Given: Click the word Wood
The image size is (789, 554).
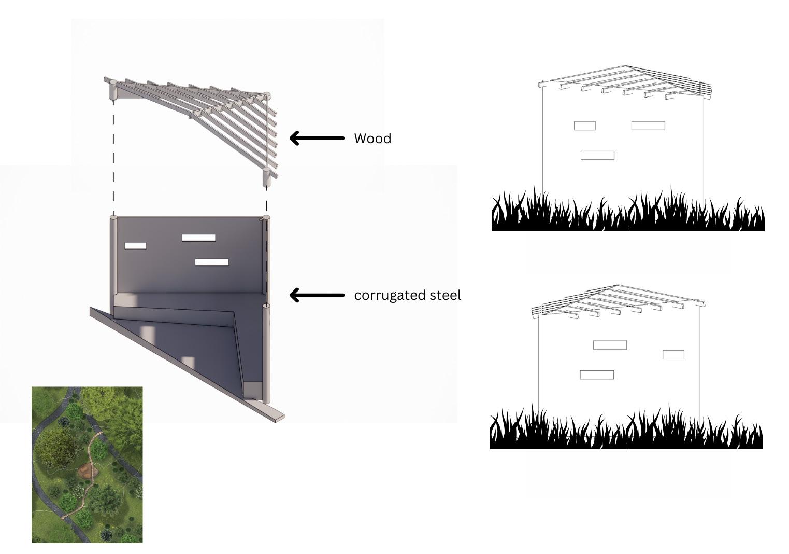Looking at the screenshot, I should tap(372, 138).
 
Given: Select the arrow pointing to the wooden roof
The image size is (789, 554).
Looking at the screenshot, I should tap(316, 138).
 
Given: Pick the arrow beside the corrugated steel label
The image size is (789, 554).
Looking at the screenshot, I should tap(316, 295).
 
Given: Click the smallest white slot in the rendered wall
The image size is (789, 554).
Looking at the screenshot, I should tap(135, 246).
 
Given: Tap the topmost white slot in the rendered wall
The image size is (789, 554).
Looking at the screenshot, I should tap(198, 238).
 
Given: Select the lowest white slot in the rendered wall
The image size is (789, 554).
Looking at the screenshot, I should tap(211, 262).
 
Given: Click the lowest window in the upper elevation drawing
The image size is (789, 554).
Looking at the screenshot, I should tap(597, 155).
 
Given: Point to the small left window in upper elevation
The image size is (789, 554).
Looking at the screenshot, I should tap(584, 126).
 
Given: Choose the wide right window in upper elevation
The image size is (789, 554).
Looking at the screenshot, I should tap(648, 126).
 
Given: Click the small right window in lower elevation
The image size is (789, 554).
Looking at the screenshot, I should tap(673, 355).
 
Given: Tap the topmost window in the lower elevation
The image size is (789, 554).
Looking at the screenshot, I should tap(610, 345).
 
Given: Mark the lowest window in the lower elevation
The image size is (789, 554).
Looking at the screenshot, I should tap(597, 375).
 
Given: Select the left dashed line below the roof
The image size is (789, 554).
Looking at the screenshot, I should tap(113, 156).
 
